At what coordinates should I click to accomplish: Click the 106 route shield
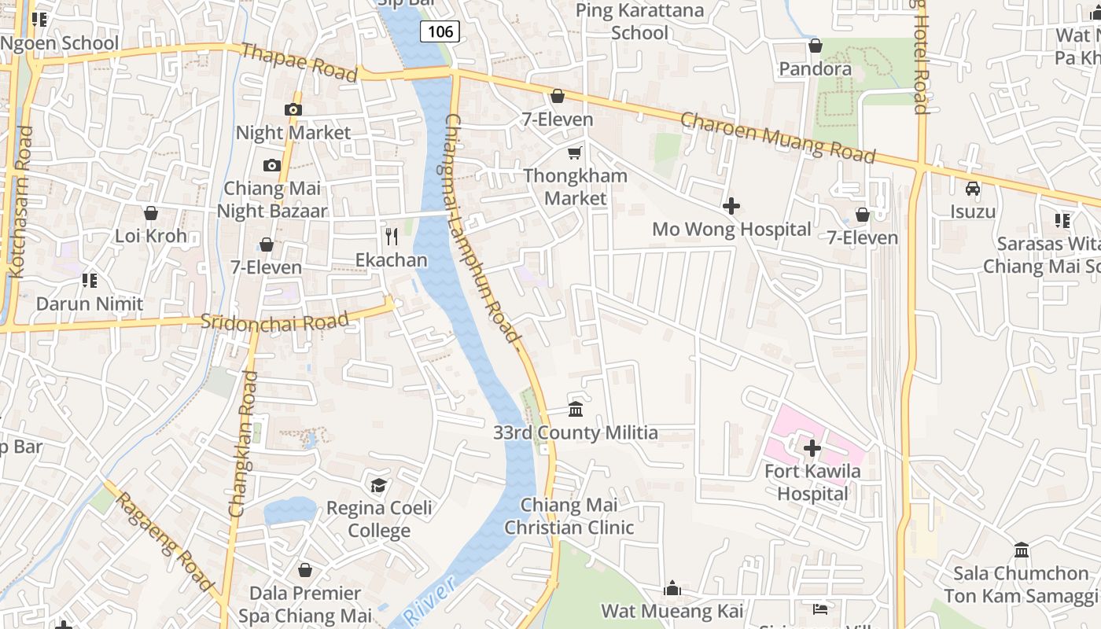[440, 31]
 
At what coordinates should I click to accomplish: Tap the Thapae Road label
[299, 62]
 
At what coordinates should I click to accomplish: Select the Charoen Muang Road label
[777, 138]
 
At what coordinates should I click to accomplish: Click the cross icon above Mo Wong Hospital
[731, 206]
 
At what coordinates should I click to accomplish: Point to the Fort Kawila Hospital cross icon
[812, 448]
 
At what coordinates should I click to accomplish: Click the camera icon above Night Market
[293, 109]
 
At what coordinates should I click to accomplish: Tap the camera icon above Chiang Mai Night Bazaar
[272, 165]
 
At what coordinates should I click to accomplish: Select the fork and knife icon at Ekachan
[392, 236]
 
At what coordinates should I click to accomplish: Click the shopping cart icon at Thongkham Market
[576, 153]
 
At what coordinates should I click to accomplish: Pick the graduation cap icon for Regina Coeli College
[379, 484]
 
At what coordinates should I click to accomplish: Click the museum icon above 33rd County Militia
[576, 410]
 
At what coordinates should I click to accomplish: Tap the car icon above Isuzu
[973, 189]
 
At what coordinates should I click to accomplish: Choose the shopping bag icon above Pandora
[816, 46]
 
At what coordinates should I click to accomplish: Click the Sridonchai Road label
[274, 322]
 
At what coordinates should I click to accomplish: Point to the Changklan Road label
[243, 444]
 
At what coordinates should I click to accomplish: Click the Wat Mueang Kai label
[672, 611]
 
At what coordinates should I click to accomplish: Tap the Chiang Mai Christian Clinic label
[569, 516]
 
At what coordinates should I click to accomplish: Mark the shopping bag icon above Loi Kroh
[151, 213]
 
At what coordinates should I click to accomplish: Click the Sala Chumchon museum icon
[1022, 550]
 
